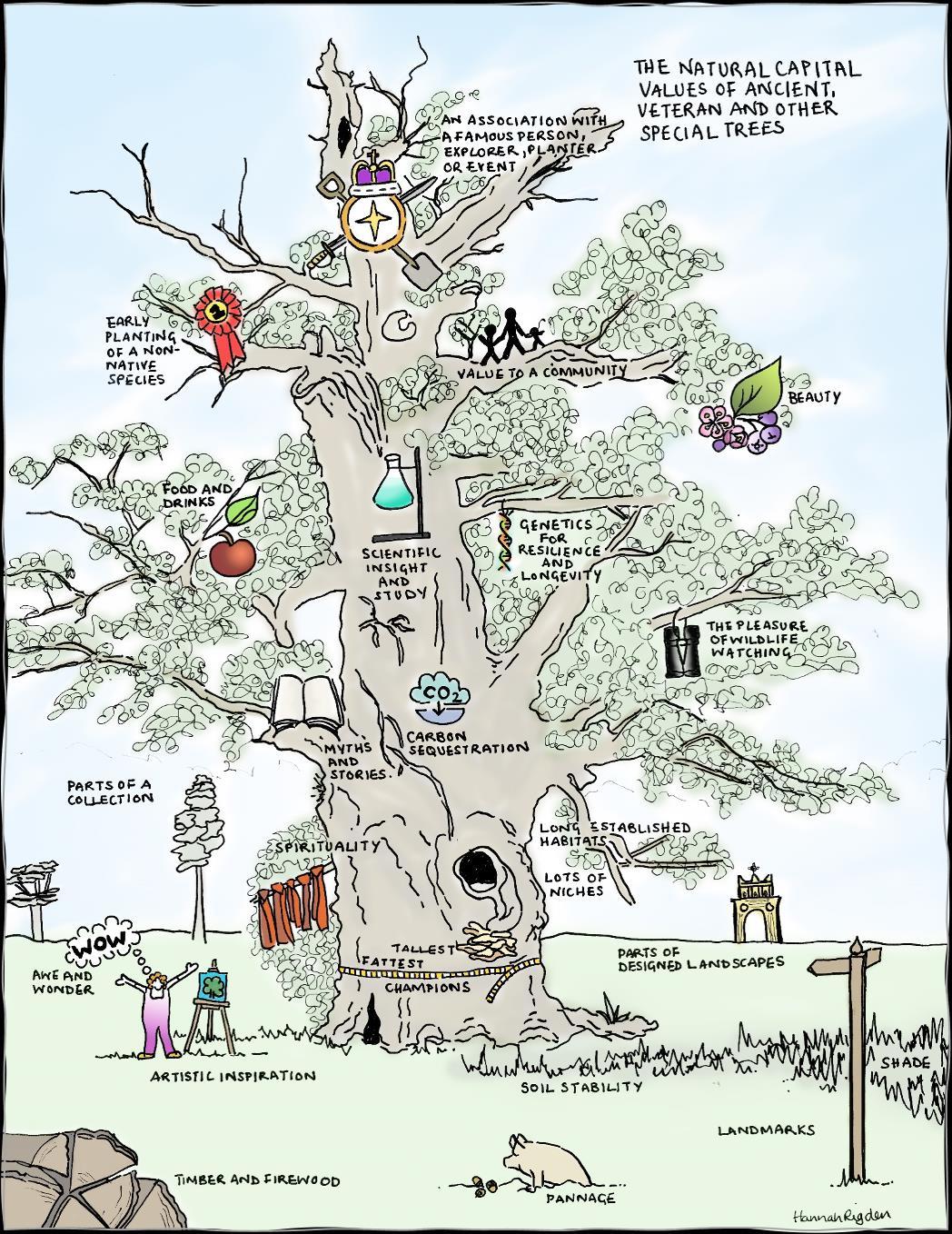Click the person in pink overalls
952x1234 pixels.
tap(161, 1009)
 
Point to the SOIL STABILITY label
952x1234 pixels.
tap(581, 1086)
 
